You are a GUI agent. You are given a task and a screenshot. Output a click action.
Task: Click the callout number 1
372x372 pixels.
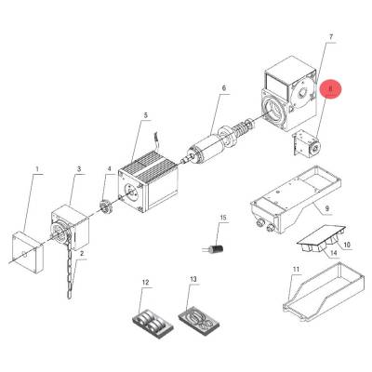pyautogui.click(x=37, y=169)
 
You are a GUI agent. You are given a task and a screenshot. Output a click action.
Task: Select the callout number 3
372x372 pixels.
pyautogui.click(x=79, y=169)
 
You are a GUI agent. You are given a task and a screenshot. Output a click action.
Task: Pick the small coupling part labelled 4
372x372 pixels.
pyautogui.click(x=105, y=206)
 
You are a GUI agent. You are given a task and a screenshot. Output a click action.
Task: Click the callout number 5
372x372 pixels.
pyautogui.click(x=146, y=115)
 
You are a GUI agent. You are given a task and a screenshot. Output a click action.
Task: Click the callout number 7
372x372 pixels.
pyautogui.click(x=330, y=37)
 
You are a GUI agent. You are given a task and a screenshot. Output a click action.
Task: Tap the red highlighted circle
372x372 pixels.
pyautogui.click(x=330, y=89)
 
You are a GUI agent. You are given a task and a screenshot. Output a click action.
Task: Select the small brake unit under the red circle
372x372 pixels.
pyautogui.click(x=306, y=145)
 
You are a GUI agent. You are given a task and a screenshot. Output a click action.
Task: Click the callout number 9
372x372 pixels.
pyautogui.click(x=327, y=208)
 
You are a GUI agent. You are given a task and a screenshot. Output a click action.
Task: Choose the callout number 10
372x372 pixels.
pyautogui.click(x=347, y=245)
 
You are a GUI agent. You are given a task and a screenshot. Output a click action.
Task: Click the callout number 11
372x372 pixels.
pyautogui.click(x=296, y=269)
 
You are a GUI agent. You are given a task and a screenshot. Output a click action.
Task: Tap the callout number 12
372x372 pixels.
pyautogui.click(x=145, y=282)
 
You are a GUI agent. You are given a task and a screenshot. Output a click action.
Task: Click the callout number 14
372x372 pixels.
pyautogui.click(x=333, y=253)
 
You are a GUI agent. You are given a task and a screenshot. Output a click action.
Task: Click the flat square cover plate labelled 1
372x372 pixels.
pyautogui.click(x=27, y=252)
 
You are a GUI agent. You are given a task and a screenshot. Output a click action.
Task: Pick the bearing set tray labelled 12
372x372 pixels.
pyautogui.click(x=152, y=325)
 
